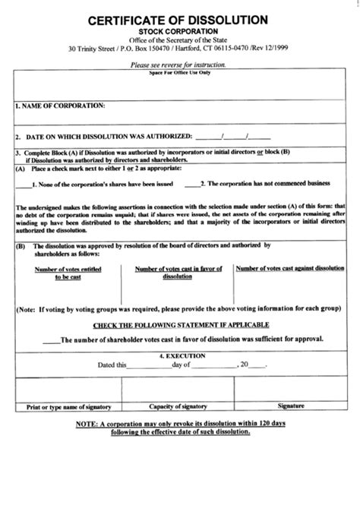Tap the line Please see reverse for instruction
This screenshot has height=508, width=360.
[178, 66]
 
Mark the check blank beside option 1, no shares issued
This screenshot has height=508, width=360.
[27, 184]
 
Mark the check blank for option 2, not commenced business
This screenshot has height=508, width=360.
[188, 184]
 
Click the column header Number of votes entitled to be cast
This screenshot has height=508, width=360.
[72, 273]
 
